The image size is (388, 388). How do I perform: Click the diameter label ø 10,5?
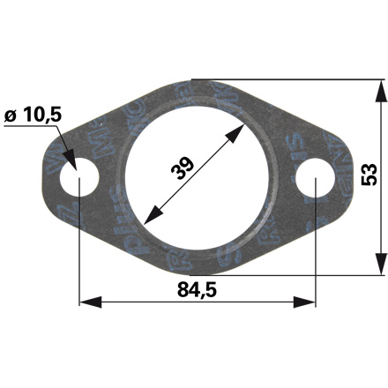[x=34, y=116]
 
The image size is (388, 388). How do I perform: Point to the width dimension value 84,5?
[x=196, y=287]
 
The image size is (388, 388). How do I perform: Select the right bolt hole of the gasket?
[x=314, y=183]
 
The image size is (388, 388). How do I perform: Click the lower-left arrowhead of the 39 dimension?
[x=146, y=216]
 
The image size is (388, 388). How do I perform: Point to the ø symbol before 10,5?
[x=11, y=116]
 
